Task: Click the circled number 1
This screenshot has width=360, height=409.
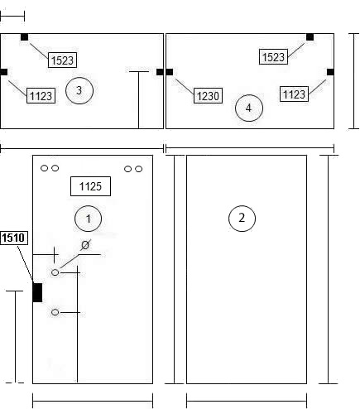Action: (x=88, y=219)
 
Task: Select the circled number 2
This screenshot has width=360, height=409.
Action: (x=242, y=218)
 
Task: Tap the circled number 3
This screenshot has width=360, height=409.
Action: (x=79, y=90)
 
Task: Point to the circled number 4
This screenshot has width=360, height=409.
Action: (x=249, y=108)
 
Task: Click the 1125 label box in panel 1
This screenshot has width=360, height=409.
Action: (x=90, y=186)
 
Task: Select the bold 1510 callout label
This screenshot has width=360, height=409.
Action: (x=14, y=238)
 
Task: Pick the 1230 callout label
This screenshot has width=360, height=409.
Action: (x=208, y=96)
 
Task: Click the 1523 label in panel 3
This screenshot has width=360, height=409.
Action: (x=62, y=60)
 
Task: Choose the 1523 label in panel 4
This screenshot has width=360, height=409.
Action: (x=273, y=57)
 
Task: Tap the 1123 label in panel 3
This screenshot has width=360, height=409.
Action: (x=41, y=96)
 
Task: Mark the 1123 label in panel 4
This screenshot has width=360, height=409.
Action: (x=294, y=94)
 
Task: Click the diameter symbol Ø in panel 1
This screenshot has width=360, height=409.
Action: (x=85, y=245)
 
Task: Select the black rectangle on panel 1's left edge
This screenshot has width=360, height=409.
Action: (x=37, y=292)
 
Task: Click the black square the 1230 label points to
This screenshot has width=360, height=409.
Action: (x=169, y=72)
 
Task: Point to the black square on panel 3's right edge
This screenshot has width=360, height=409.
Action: (x=160, y=72)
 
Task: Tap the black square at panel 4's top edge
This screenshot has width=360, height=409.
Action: (x=310, y=37)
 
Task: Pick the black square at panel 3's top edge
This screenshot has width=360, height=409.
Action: (x=24, y=37)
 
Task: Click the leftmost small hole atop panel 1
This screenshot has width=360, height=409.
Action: (x=44, y=168)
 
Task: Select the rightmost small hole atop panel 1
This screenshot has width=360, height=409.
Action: (x=139, y=169)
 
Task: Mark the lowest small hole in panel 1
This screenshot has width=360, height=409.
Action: (x=55, y=312)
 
